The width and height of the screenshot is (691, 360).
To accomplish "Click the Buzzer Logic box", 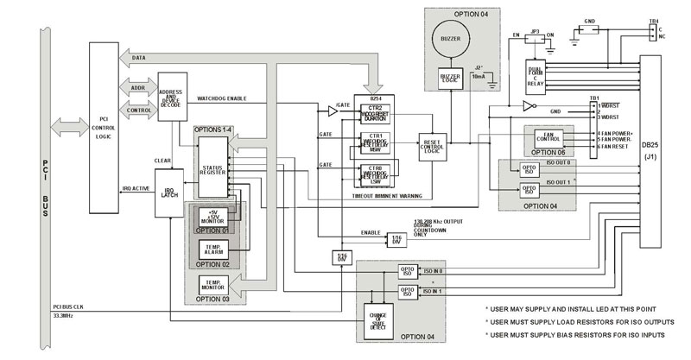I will coord(451,79).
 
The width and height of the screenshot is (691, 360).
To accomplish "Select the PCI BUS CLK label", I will coord(60,306).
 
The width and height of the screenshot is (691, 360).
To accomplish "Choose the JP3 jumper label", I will coord(536,30).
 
